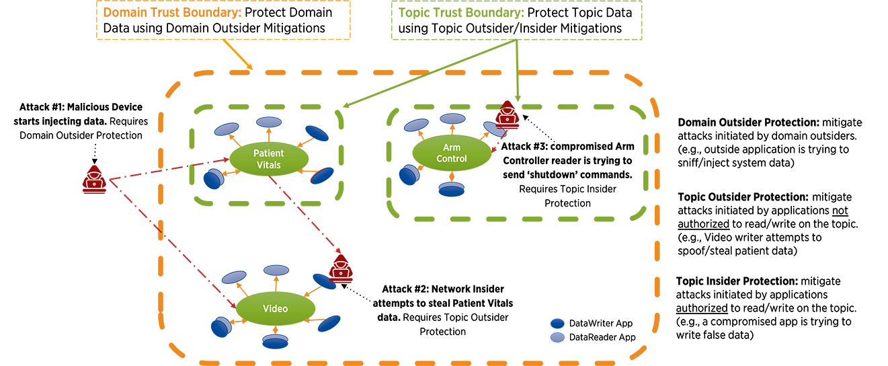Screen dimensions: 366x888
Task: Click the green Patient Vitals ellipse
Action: [268, 158]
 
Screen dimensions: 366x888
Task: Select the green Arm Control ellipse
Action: [451, 154]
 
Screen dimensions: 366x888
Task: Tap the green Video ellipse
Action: [275, 308]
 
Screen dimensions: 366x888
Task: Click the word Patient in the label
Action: [268, 153]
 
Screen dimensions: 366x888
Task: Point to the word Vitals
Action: [268, 164]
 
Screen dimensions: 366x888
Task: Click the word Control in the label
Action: [451, 159]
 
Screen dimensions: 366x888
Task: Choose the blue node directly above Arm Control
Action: [451, 121]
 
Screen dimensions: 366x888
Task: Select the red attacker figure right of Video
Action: [339, 270]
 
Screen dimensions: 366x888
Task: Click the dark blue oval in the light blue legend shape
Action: [557, 324]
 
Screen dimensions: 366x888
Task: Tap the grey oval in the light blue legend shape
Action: [557, 336]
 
